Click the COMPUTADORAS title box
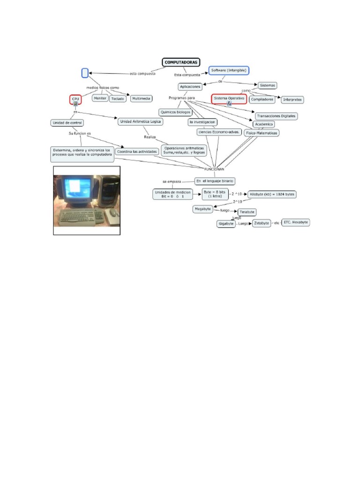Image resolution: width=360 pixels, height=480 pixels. click(181, 62)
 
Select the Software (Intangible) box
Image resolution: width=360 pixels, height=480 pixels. click(229, 70)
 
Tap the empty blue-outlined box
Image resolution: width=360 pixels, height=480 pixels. click(85, 73)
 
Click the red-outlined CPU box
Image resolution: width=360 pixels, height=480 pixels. click(75, 99)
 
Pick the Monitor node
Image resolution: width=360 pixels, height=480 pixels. click(100, 98)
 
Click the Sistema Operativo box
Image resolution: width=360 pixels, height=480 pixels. click(229, 98)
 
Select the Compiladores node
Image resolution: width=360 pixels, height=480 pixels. click(262, 99)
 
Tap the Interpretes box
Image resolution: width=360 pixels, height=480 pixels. click(292, 99)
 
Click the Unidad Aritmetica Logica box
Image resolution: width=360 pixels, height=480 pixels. click(141, 121)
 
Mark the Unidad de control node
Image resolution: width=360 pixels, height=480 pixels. click(67, 123)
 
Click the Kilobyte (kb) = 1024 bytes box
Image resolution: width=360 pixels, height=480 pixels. click(272, 194)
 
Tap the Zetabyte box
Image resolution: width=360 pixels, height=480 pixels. click(262, 224)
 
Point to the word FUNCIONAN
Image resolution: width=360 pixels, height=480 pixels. click(214, 169)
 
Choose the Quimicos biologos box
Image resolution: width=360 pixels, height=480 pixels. click(176, 112)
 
